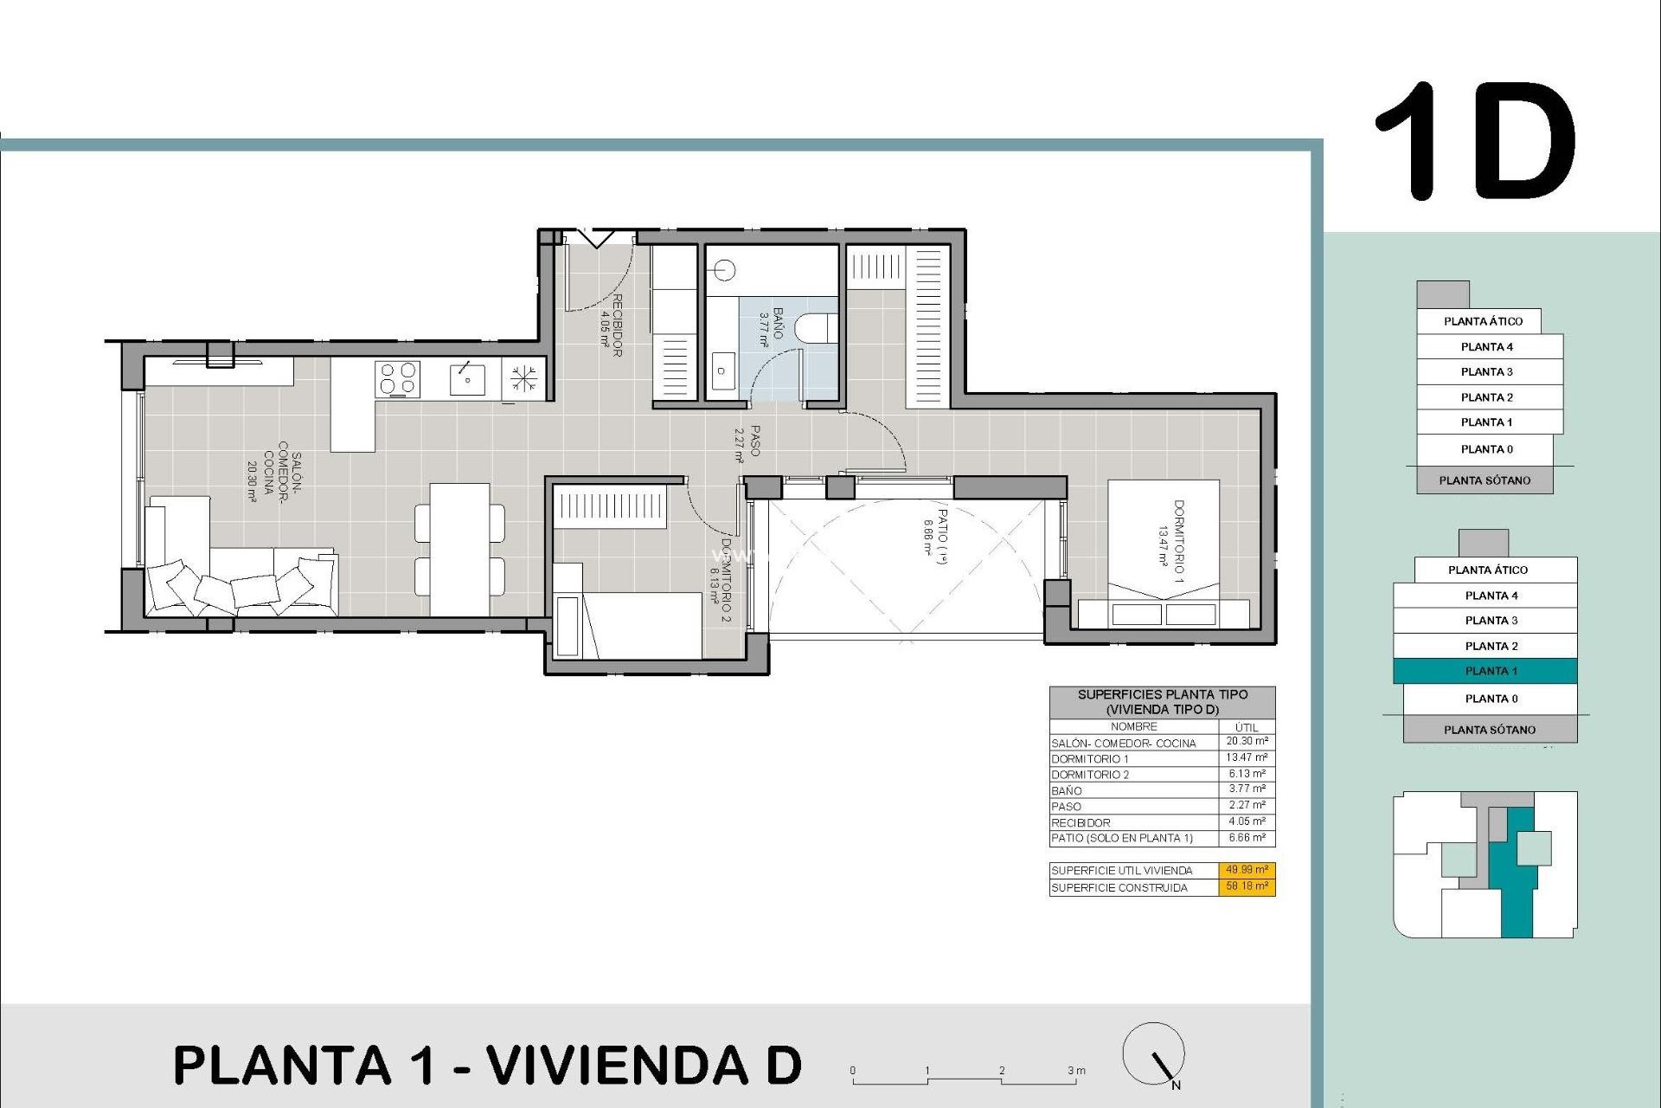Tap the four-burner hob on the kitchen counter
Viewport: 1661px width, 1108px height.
pyautogui.click(x=397, y=379)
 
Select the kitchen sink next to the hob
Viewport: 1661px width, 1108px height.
pyautogui.click(x=467, y=379)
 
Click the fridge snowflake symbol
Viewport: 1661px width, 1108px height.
pyautogui.click(x=523, y=379)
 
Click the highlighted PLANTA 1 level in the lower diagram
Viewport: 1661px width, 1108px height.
pyautogui.click(x=1485, y=671)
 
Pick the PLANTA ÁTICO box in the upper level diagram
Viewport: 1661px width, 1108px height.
pyautogui.click(x=1482, y=321)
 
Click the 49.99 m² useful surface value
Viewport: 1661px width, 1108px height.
pyautogui.click(x=1247, y=870)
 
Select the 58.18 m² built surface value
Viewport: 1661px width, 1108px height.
pyautogui.click(x=1247, y=886)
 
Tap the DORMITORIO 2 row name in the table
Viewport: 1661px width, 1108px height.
pyautogui.click(x=1090, y=775)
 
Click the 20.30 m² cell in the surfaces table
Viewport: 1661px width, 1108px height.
pyautogui.click(x=1247, y=742)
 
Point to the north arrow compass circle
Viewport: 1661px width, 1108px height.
pyautogui.click(x=1153, y=1053)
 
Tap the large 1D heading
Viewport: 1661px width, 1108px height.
pyautogui.click(x=1476, y=143)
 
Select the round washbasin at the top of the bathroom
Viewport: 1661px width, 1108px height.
pyautogui.click(x=725, y=271)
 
